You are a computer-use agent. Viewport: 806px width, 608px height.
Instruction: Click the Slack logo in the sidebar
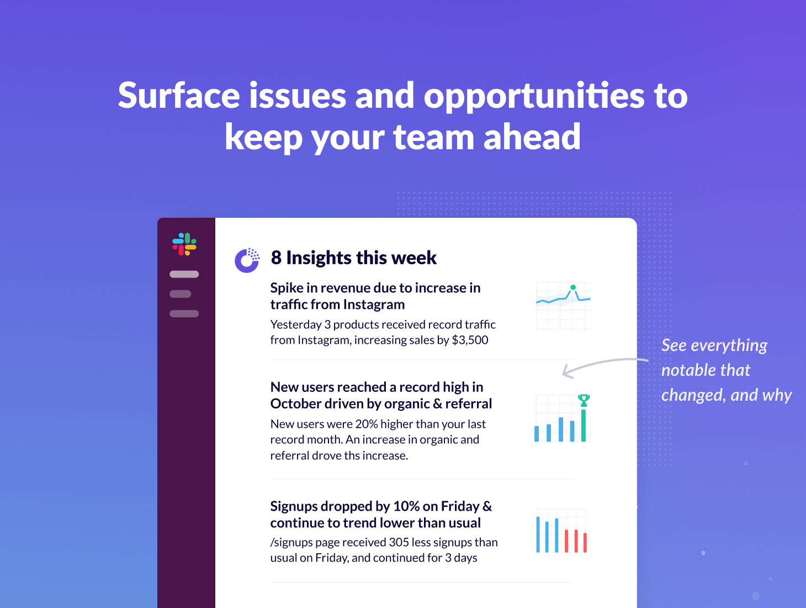tap(184, 244)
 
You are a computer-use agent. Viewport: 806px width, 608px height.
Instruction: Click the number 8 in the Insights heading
tap(276, 258)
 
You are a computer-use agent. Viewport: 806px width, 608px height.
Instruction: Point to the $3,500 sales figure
tap(470, 340)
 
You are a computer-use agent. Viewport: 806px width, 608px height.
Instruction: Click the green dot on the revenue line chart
tap(573, 287)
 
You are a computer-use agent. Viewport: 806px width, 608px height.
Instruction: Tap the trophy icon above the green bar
tap(584, 400)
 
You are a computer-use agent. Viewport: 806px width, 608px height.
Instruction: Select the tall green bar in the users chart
tap(584, 425)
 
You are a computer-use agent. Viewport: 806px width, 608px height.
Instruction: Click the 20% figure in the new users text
tap(367, 424)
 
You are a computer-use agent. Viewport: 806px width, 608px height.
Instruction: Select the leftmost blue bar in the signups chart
tap(538, 534)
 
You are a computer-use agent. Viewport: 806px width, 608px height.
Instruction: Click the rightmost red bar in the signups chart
tap(585, 542)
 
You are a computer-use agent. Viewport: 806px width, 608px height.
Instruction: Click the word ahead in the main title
tap(532, 137)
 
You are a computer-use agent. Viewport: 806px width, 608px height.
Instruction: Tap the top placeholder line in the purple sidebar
tap(184, 274)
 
